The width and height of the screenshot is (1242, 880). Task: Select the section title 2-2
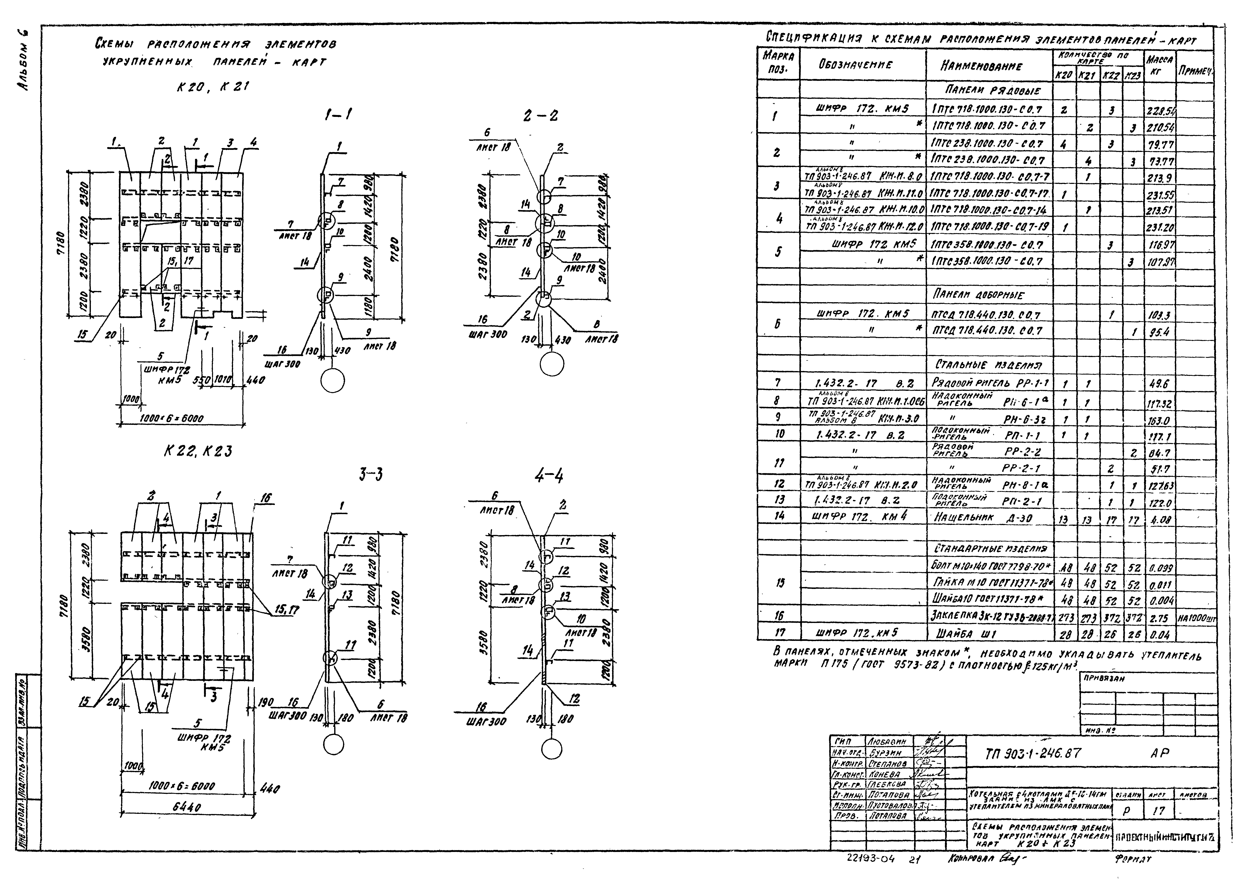click(541, 115)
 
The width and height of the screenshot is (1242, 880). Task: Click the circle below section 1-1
click(333, 381)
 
